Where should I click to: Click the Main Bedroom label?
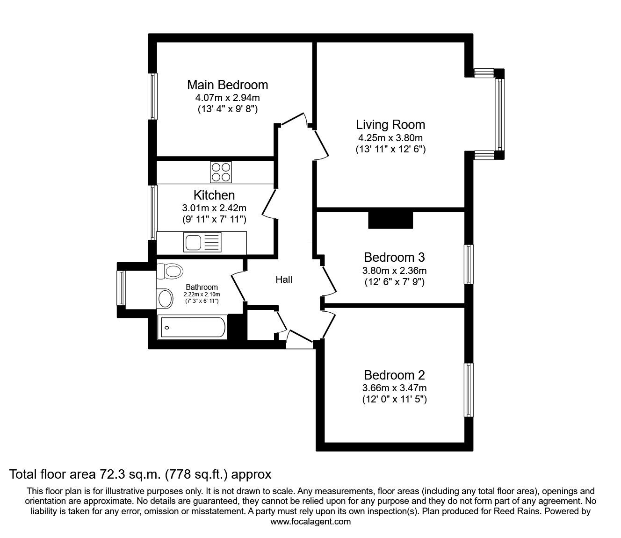click(x=227, y=85)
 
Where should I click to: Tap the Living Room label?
click(x=390, y=125)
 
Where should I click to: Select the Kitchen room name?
click(x=214, y=195)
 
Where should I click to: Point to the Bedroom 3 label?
click(x=395, y=258)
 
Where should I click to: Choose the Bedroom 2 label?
click(x=395, y=375)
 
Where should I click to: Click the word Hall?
click(x=284, y=280)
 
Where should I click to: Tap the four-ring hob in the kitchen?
click(x=221, y=172)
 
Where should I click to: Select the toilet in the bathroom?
click(x=170, y=271)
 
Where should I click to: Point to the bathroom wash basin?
click(x=165, y=298)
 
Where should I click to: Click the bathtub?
click(x=193, y=327)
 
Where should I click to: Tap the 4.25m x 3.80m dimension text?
click(x=390, y=138)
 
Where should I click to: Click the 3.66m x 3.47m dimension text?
click(x=395, y=388)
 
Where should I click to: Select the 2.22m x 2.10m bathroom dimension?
click(x=202, y=294)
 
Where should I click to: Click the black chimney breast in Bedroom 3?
click(x=390, y=220)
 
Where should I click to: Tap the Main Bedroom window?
click(x=153, y=96)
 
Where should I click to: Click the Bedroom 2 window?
click(x=469, y=390)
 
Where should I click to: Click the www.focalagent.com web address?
click(x=310, y=522)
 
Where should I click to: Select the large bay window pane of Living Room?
click(x=499, y=114)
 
